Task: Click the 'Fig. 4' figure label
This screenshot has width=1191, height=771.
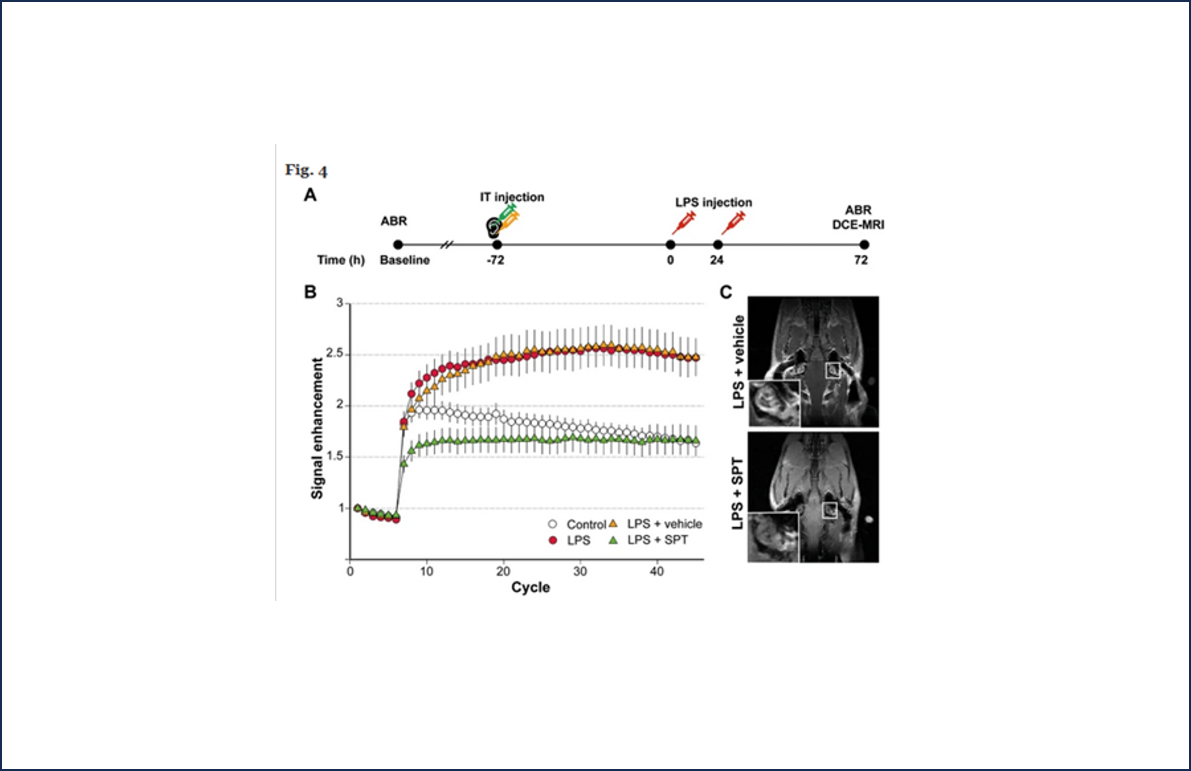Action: [306, 171]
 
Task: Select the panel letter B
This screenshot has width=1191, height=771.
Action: [310, 292]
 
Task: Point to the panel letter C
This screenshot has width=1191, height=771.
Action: [726, 292]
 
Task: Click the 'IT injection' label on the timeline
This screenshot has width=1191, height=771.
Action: [512, 197]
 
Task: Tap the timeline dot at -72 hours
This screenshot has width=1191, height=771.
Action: [497, 245]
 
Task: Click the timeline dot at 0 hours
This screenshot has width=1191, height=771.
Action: [671, 245]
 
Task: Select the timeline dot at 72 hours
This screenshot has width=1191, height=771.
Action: [864, 245]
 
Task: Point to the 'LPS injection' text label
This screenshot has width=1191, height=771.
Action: [714, 203]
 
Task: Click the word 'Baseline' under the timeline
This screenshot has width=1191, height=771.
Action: [405, 260]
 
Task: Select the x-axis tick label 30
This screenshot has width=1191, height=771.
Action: [580, 572]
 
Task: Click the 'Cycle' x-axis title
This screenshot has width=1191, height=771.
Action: [530, 587]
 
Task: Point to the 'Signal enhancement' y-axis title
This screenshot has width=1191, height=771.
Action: [317, 428]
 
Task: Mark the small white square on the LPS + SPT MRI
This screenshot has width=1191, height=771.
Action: [830, 510]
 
